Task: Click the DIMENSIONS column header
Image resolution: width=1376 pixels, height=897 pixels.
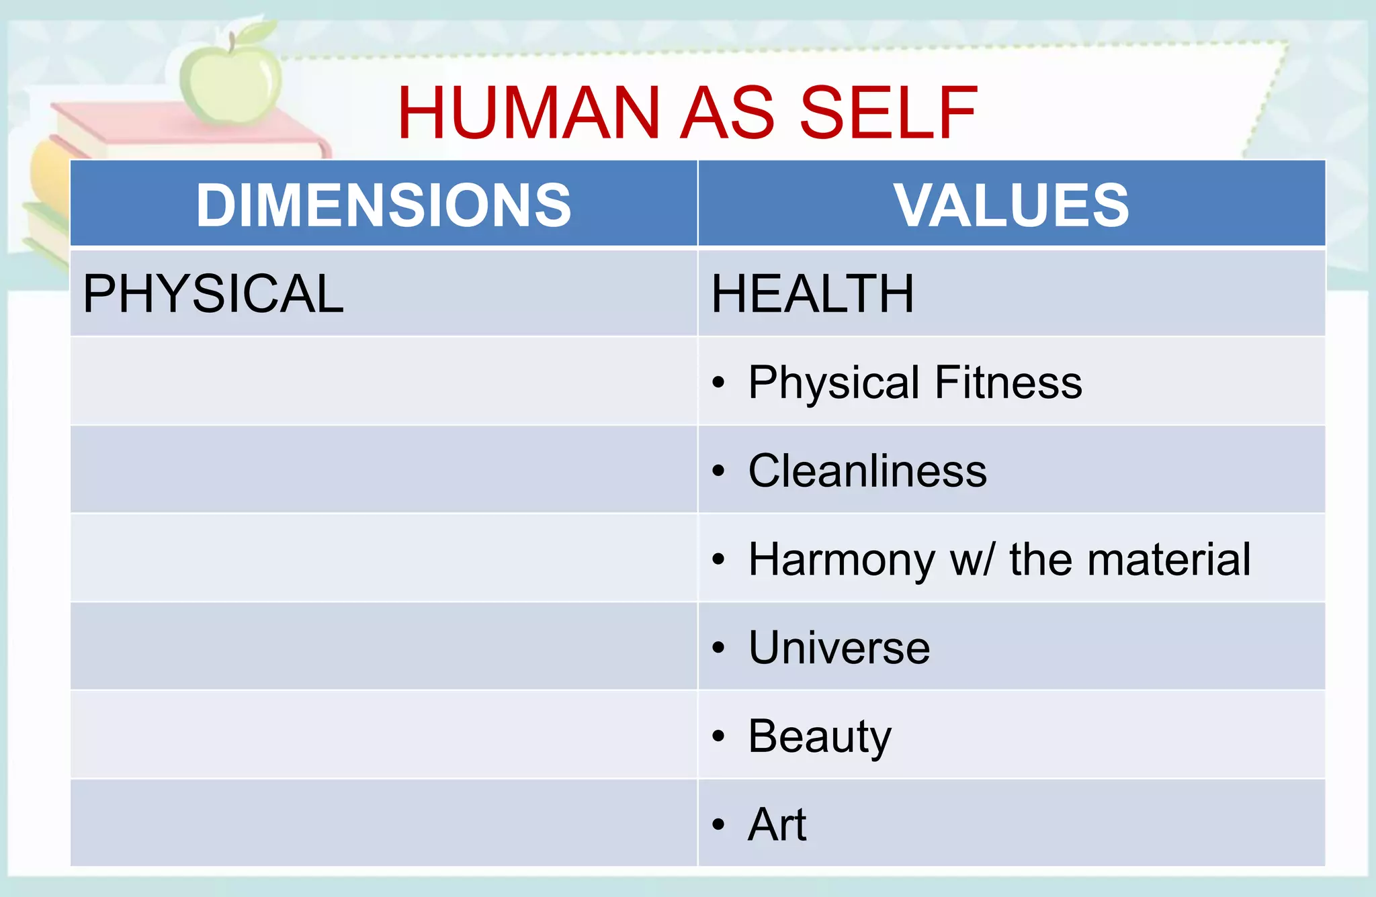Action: click(384, 205)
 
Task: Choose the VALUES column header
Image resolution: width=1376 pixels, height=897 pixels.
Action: click(1011, 205)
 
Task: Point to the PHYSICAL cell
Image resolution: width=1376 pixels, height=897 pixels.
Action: click(213, 293)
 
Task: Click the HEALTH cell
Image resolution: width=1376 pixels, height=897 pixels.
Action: click(812, 293)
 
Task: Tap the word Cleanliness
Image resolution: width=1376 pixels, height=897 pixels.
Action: click(867, 471)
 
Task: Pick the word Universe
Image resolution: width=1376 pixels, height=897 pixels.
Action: click(839, 648)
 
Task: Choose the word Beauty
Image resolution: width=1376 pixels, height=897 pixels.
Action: click(820, 737)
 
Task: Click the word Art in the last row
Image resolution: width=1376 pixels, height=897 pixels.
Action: click(777, 824)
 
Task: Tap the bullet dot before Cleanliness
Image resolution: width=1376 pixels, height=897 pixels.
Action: click(719, 471)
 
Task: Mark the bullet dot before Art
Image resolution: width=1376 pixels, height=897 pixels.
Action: click(719, 824)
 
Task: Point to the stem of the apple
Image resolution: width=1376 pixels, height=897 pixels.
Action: click(232, 42)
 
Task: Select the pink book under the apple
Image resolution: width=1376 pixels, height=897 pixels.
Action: click(188, 131)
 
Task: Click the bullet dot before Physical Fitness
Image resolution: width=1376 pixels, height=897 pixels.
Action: click(719, 382)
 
